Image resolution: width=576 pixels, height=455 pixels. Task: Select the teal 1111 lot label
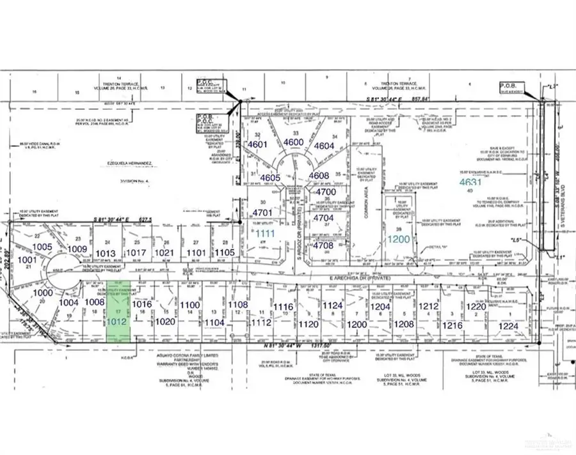[266, 235]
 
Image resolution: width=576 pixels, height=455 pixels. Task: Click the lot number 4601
[258, 144]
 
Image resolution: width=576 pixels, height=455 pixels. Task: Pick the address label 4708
[324, 244]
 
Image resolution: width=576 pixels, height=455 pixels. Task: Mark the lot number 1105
[225, 252]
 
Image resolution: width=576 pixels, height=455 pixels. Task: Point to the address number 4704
[324, 217]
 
